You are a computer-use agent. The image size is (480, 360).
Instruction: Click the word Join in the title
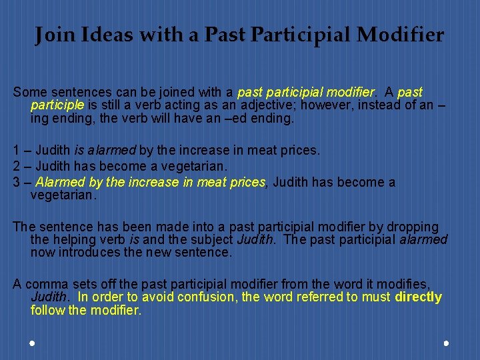tap(53, 35)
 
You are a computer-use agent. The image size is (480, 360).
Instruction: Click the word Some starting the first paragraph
tap(29, 91)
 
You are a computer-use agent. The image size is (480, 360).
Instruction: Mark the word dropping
tap(413, 227)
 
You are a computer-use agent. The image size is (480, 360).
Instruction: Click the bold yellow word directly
tap(418, 297)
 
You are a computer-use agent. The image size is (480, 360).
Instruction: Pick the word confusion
tap(207, 297)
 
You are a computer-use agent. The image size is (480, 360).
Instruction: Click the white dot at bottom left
tap(32, 343)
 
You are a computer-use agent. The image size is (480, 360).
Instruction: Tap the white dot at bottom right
tap(446, 343)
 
